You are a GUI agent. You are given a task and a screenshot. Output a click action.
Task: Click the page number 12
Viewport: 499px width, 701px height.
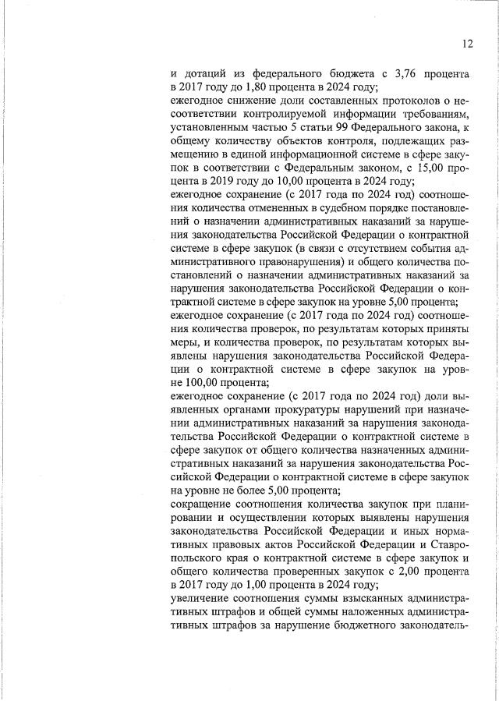(x=467, y=44)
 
